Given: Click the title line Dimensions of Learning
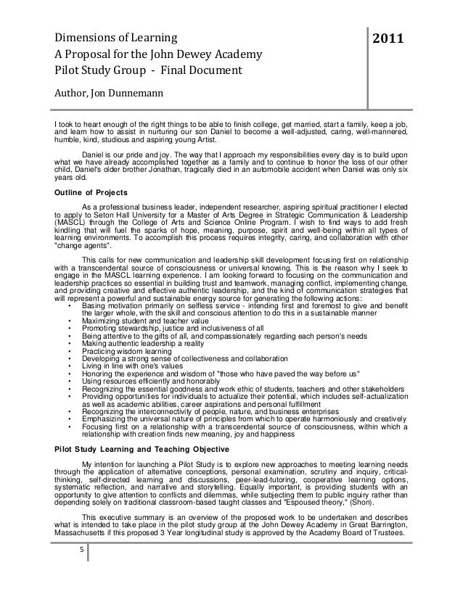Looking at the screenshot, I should (117, 36).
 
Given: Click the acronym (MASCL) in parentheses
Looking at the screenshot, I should (73, 222).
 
